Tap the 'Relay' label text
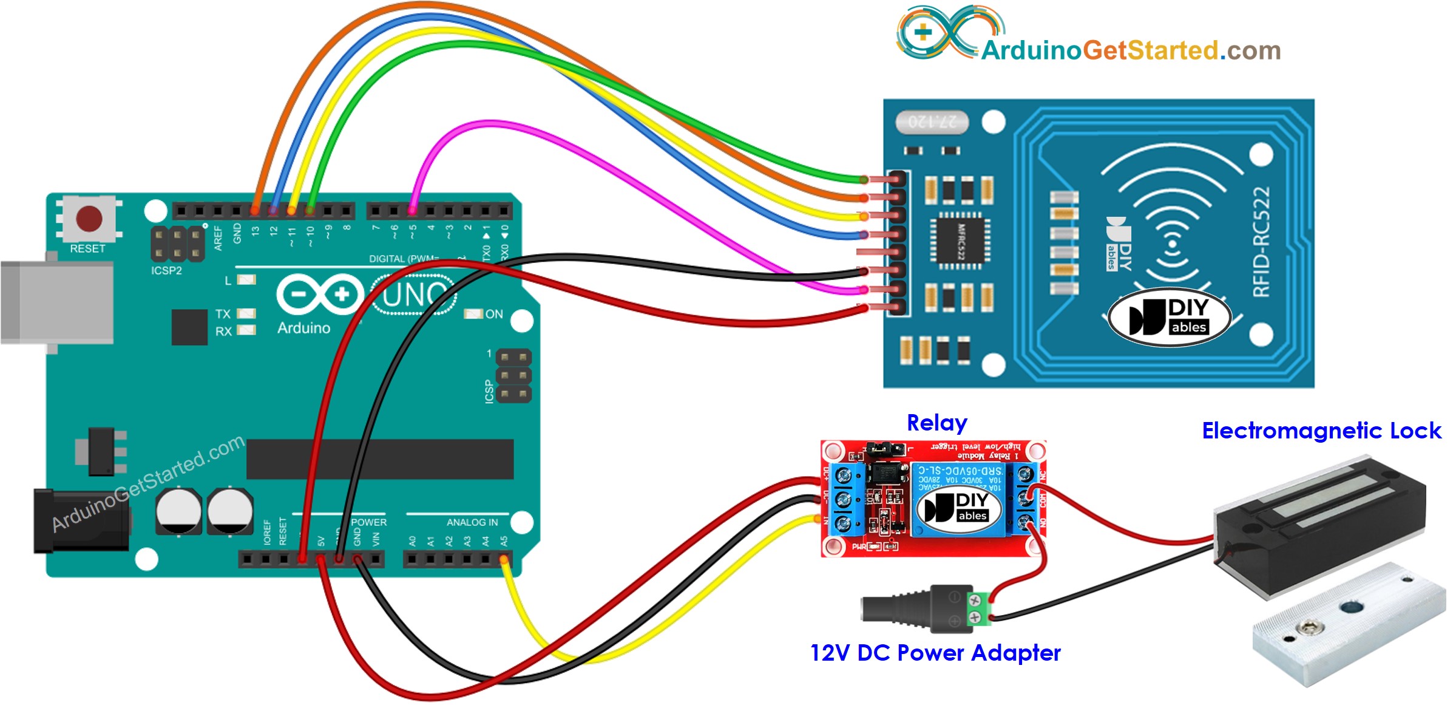936,423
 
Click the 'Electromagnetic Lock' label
1321,431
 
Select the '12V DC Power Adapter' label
935,653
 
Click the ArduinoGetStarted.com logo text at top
1130,50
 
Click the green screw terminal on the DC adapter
976,609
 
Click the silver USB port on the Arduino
58,302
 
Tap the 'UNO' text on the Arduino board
414,295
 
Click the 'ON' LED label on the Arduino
494,314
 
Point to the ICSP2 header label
166,270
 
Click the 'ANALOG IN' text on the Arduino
472,522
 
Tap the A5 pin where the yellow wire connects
504,559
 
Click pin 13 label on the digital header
256,231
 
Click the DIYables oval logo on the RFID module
1169,317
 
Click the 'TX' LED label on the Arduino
223,314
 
